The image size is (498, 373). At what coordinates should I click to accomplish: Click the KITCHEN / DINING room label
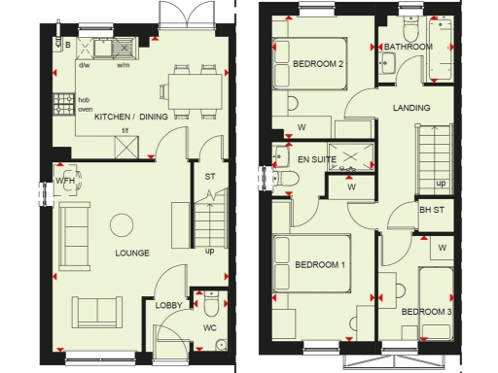131,117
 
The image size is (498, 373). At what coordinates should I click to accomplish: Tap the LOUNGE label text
131,254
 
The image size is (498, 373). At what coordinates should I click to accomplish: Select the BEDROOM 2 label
318,65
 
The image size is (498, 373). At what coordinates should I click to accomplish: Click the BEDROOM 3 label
426,311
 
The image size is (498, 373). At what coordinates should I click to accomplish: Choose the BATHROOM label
408,47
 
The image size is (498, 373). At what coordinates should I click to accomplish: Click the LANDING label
411,108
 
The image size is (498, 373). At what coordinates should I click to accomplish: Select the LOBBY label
169,305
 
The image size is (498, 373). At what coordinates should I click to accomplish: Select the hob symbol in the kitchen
66,100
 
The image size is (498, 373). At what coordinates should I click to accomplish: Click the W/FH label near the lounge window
65,181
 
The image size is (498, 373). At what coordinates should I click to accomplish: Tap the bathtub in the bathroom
445,51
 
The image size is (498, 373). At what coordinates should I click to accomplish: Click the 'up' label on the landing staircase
441,183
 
